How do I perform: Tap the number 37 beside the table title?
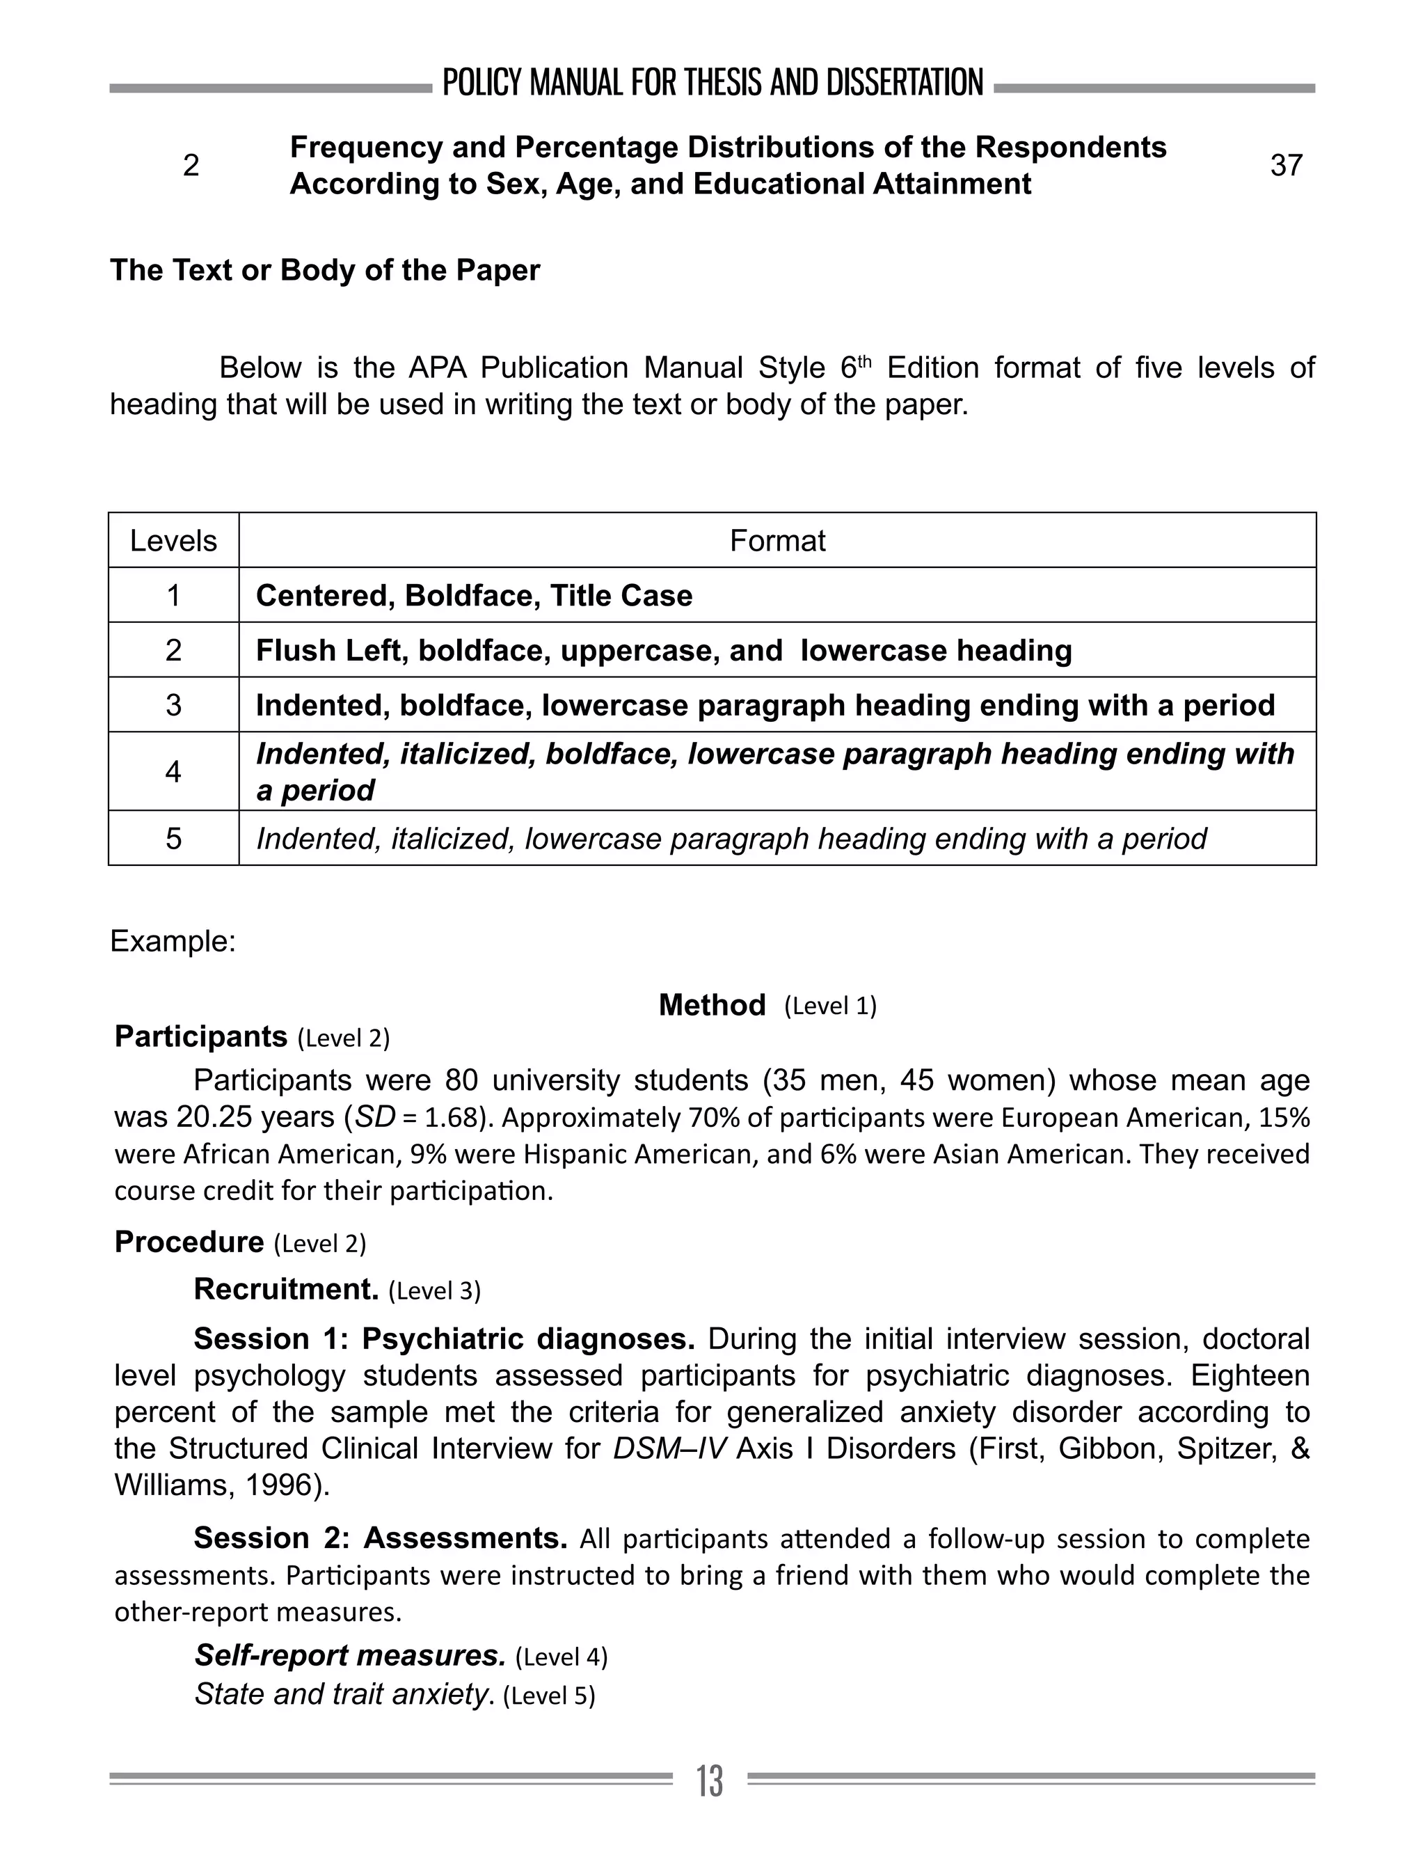[1286, 164]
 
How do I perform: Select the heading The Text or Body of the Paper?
[325, 271]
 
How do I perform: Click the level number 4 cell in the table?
[173, 772]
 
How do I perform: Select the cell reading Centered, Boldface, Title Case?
[473, 596]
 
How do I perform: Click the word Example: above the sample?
[172, 942]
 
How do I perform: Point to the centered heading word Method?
[712, 1005]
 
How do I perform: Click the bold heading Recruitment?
[286, 1290]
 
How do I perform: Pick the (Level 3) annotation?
[434, 1291]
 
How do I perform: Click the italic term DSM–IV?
[670, 1449]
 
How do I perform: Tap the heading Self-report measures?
[349, 1655]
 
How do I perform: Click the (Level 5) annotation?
[549, 1696]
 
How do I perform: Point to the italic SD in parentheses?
[374, 1117]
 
